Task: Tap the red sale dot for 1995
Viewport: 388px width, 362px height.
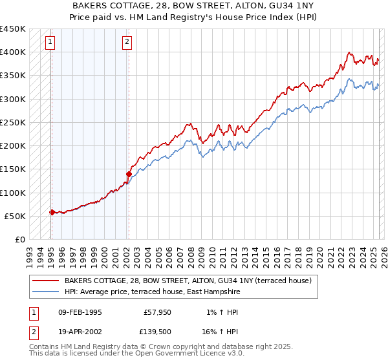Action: (x=51, y=212)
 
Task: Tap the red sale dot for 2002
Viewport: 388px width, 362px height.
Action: (x=129, y=174)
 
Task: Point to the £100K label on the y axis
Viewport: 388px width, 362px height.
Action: (x=13, y=193)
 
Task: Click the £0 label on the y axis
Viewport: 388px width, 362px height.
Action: (x=19, y=239)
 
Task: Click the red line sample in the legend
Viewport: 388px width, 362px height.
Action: (x=45, y=281)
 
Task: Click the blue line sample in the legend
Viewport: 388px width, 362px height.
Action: (x=45, y=292)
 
